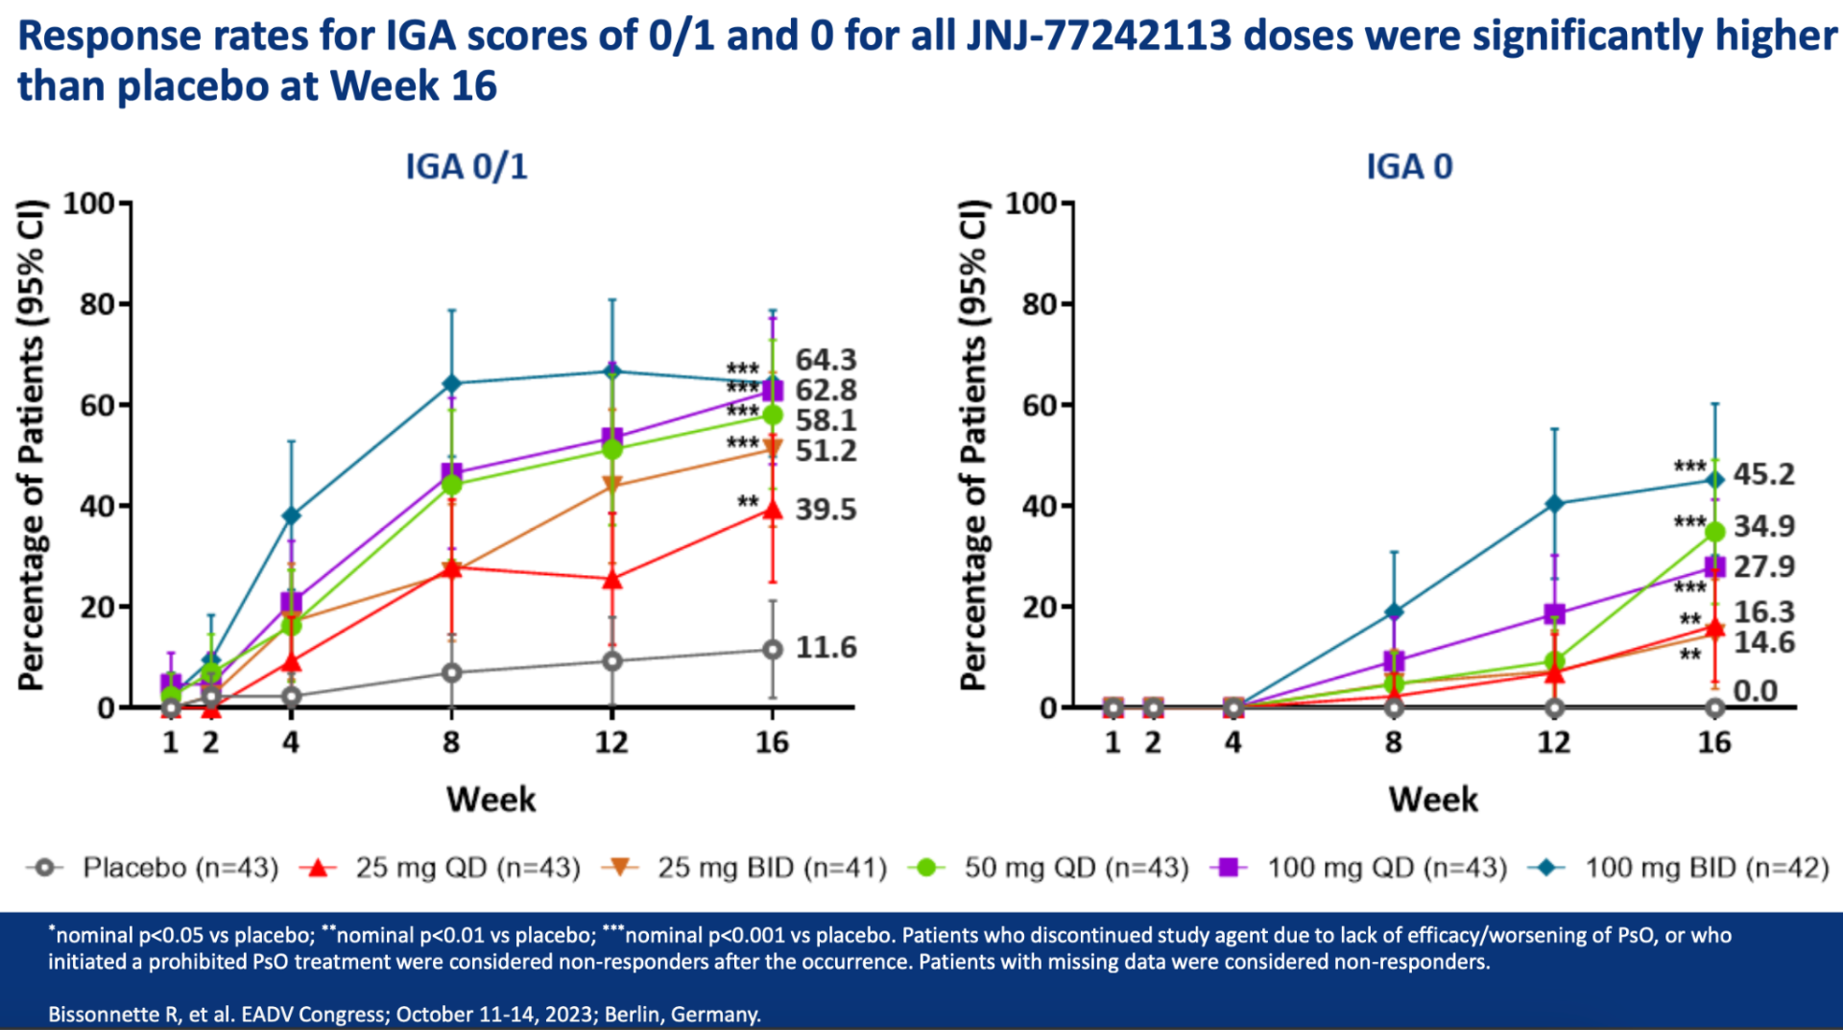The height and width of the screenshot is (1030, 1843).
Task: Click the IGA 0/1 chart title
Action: click(467, 167)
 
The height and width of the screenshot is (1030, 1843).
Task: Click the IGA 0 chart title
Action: click(1409, 167)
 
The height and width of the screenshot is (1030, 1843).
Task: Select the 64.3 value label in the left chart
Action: click(826, 360)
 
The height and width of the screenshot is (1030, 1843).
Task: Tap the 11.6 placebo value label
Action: click(826, 648)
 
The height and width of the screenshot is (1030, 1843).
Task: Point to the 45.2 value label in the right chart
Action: click(1763, 474)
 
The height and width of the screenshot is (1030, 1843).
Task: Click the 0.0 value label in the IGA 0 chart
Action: click(1755, 691)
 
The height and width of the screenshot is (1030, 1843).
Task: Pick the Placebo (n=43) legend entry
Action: click(180, 868)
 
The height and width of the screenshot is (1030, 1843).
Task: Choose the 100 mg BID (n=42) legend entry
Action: click(1706, 868)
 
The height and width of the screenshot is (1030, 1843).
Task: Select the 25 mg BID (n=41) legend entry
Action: click(771, 868)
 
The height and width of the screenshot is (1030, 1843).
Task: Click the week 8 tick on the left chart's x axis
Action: click(451, 742)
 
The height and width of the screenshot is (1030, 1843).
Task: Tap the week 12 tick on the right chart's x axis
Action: click(1554, 742)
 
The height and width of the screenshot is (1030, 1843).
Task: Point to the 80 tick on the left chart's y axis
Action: click(98, 304)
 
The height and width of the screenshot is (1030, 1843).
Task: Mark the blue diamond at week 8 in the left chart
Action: click(451, 384)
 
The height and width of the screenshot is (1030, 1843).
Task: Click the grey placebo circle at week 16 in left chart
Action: click(772, 650)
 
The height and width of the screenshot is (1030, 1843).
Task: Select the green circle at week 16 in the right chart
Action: click(1715, 531)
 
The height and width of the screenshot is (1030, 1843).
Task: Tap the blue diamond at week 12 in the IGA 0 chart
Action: click(1554, 504)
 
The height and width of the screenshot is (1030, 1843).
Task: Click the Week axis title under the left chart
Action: click(491, 800)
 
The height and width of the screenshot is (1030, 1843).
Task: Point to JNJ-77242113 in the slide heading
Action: click(1098, 36)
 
